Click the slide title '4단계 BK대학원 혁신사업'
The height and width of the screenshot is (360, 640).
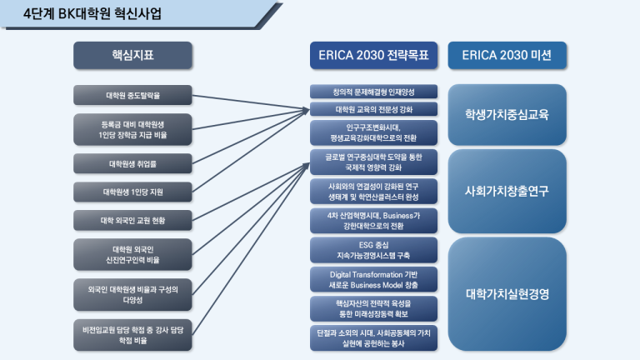pos(92,13)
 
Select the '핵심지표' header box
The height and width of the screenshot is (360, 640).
pos(132,55)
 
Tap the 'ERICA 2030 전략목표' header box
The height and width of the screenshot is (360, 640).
pos(373,55)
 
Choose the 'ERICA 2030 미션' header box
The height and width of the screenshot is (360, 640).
pos(507,55)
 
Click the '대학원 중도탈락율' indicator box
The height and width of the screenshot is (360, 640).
pos(132,95)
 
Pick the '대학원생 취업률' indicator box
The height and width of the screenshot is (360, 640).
pos(132,163)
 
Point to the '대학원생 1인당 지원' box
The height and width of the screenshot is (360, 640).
pos(132,192)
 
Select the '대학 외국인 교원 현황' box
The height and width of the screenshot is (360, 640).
pos(132,220)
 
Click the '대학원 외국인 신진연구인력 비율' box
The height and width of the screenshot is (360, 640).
pos(132,255)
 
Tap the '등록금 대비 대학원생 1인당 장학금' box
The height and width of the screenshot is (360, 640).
pos(132,130)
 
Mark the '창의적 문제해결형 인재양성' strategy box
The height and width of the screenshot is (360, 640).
pos(373,92)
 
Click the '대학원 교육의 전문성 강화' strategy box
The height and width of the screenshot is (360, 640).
pos(373,109)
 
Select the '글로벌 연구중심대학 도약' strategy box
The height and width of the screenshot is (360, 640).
pos(373,162)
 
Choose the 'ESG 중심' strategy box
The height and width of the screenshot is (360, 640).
pos(373,250)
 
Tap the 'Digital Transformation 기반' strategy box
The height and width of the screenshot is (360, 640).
pos(373,280)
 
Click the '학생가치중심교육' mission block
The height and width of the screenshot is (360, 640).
pos(507,115)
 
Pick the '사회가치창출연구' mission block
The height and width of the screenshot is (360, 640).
pos(507,191)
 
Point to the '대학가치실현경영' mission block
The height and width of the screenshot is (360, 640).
pos(507,294)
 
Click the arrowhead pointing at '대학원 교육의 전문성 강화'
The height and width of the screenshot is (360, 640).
pos(306,110)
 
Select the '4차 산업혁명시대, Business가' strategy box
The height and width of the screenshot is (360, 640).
pos(373,221)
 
